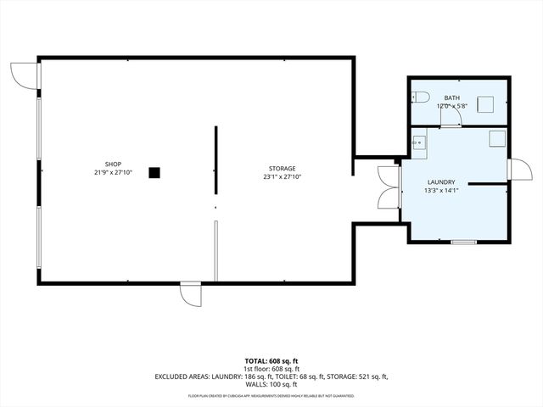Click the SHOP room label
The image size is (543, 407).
[x=113, y=164]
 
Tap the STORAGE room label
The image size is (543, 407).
[x=283, y=169]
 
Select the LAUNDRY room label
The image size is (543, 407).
[x=441, y=181]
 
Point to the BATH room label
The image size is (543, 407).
[x=451, y=98]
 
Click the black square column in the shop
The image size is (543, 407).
[x=154, y=172]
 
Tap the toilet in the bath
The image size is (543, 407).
[x=420, y=96]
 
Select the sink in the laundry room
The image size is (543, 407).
[x=418, y=142]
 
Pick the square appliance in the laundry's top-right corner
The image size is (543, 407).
[x=497, y=137]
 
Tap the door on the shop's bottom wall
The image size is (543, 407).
[x=190, y=294]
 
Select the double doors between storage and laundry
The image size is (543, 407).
[x=389, y=187]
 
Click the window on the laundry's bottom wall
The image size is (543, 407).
[x=463, y=242]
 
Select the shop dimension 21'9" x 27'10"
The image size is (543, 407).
[x=113, y=172]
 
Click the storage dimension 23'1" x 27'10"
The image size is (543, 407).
[x=283, y=177]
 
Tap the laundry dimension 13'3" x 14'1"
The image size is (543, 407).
[x=441, y=191]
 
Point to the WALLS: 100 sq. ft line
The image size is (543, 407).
[x=271, y=384]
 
